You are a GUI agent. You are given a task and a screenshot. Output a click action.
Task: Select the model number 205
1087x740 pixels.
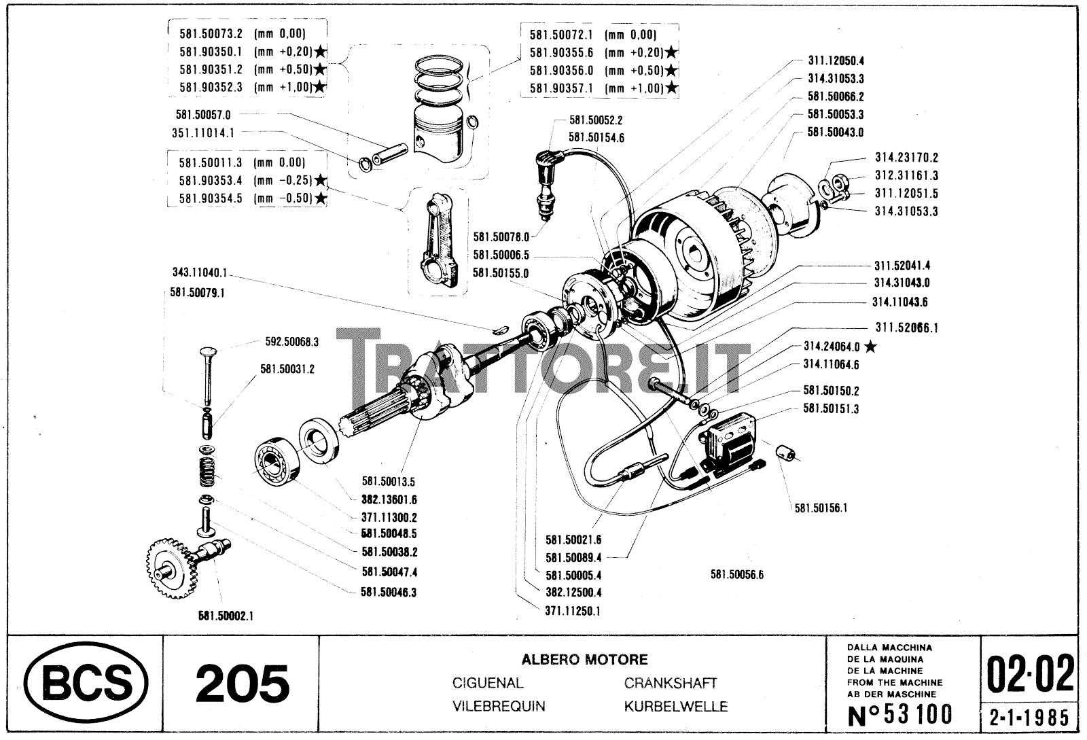(242, 683)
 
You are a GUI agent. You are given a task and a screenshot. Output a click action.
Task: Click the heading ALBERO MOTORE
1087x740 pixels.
(584, 659)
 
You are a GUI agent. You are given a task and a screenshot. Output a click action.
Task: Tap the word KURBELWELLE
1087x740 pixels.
(675, 707)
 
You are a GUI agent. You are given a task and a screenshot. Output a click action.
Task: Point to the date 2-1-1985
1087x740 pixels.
(1030, 717)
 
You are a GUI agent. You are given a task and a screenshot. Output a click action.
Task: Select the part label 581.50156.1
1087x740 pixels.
(821, 507)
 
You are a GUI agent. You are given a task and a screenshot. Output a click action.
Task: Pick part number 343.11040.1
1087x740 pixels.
(198, 272)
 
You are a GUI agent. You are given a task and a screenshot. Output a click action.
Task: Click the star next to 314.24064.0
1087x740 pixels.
(871, 347)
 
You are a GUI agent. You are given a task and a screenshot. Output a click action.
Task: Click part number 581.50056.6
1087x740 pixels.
(736, 574)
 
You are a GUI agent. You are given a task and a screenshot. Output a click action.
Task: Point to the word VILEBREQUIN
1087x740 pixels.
(499, 707)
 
